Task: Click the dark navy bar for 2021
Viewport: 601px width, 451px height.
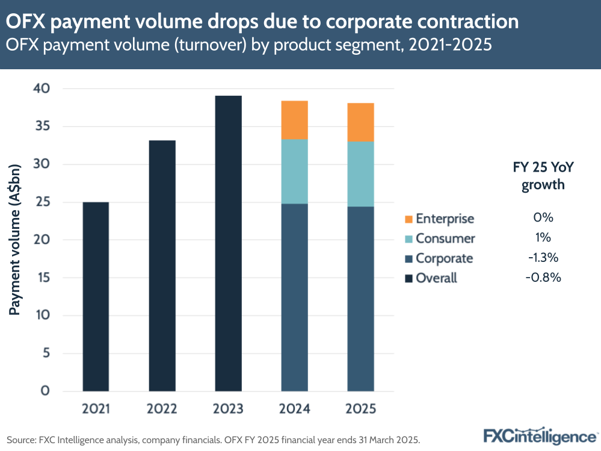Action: click(x=96, y=296)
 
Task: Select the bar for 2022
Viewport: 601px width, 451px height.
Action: click(x=162, y=266)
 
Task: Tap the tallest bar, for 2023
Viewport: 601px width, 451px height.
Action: click(x=228, y=243)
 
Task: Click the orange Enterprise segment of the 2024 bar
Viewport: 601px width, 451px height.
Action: click(x=294, y=120)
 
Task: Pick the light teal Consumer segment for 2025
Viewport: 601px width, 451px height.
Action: click(x=360, y=174)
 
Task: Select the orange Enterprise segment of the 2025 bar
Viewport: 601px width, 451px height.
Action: click(x=360, y=122)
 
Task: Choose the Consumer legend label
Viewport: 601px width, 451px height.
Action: click(x=445, y=238)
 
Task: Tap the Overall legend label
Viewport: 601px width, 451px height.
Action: click(x=436, y=278)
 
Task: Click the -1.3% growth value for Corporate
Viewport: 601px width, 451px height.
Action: click(x=543, y=258)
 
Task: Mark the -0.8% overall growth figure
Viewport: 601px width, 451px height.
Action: click(x=543, y=278)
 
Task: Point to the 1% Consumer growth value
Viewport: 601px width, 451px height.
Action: click(x=543, y=238)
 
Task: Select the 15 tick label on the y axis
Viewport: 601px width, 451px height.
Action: click(x=45, y=278)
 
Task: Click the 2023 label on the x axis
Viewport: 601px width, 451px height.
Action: click(x=228, y=409)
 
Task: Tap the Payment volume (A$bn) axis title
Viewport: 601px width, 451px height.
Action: click(x=16, y=238)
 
